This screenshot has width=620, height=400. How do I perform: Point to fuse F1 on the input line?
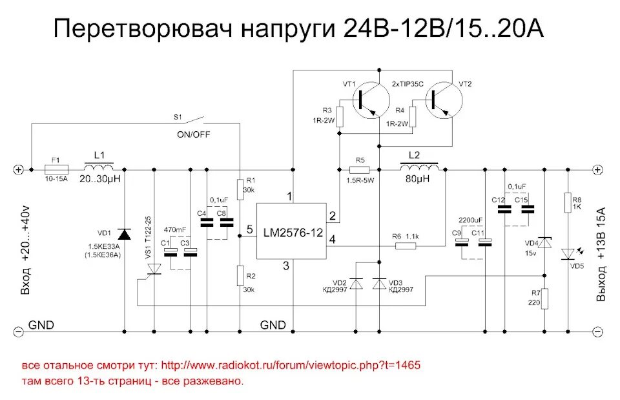(56, 169)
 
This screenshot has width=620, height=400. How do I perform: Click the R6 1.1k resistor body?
(406, 246)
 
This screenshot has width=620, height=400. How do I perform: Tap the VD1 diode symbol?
(123, 233)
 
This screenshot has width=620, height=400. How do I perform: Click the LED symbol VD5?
(567, 253)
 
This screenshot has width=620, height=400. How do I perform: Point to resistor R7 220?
(544, 299)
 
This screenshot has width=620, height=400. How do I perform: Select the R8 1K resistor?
(567, 202)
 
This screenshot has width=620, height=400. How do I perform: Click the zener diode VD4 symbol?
(544, 243)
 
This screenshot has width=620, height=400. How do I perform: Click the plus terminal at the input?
(18, 169)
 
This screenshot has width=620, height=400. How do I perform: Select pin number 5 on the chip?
(249, 229)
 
